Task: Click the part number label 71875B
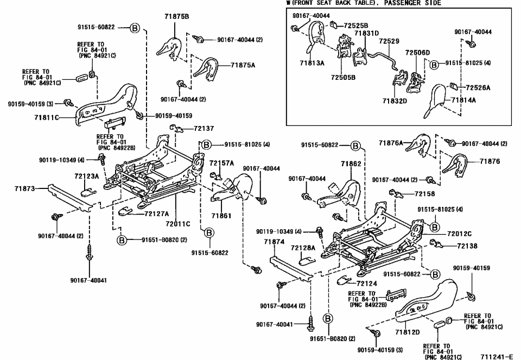[176, 17]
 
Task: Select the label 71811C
[46, 117]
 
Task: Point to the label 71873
[24, 188]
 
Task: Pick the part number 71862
[351, 163]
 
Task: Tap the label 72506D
[417, 53]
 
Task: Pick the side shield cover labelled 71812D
[429, 307]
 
